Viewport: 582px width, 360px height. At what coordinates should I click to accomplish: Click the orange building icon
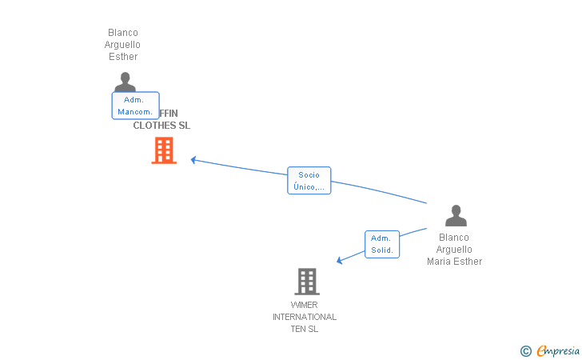point(164,150)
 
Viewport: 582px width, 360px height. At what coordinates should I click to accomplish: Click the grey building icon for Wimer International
point(307,282)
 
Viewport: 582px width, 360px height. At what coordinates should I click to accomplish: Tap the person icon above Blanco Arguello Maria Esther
point(456,216)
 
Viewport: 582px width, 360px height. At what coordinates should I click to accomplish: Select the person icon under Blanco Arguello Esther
point(125,81)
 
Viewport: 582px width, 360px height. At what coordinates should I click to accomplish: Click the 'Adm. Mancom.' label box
point(135,106)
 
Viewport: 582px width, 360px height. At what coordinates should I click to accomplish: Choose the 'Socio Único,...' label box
point(309,181)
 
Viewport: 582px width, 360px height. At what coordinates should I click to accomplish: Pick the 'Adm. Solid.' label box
point(382,244)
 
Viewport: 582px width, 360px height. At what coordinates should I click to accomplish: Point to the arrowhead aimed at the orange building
point(193,160)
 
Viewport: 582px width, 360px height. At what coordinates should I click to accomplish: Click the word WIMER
point(305,305)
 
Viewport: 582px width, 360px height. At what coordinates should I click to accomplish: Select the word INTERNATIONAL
point(305,317)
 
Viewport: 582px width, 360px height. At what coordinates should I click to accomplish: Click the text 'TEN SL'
point(305,329)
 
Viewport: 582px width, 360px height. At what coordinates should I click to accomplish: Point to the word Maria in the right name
point(440,262)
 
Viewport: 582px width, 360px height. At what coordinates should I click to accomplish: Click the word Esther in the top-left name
point(123,57)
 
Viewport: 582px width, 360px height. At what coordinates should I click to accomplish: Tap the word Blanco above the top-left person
point(123,33)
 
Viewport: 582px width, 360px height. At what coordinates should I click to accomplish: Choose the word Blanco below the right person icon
point(454,238)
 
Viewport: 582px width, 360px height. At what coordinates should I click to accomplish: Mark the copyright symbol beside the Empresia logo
point(525,350)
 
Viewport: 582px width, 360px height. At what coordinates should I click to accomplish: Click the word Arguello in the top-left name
point(123,45)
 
